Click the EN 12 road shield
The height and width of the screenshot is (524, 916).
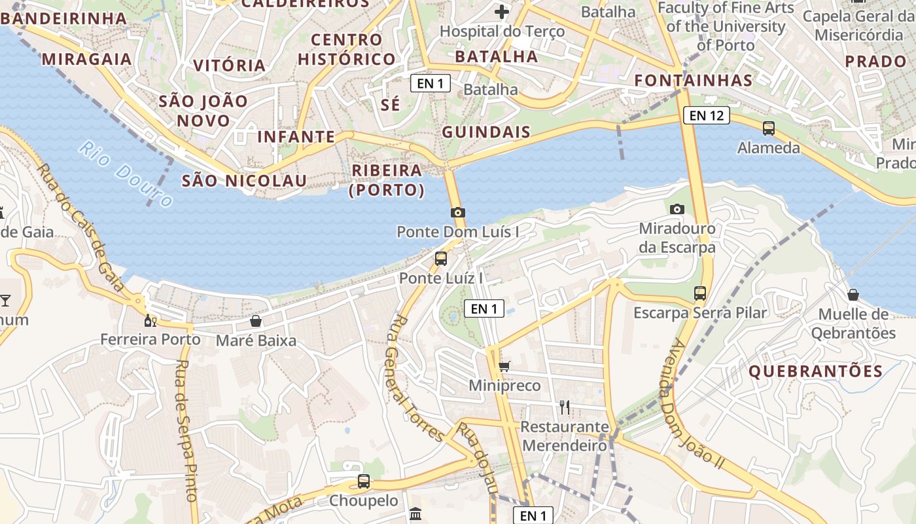[x=706, y=116]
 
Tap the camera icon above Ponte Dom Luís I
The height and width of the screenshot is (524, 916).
[x=458, y=212]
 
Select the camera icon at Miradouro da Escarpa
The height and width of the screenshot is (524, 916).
[x=677, y=209]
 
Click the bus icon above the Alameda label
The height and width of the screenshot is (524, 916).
[x=769, y=128]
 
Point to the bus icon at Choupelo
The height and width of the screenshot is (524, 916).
[x=363, y=481]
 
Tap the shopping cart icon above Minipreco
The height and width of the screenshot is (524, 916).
[x=504, y=366]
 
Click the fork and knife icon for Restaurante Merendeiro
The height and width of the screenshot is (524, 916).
[x=565, y=407]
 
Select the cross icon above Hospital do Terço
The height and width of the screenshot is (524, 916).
[x=502, y=12]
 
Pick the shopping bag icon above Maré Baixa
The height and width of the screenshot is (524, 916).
[x=256, y=321]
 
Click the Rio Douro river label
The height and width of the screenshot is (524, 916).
[x=125, y=174]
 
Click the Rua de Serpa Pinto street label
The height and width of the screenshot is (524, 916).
[x=186, y=430]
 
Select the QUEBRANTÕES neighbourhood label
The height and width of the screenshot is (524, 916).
[x=815, y=371]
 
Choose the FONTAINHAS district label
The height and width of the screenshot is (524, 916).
[x=694, y=81]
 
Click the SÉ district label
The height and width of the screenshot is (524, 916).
[x=390, y=104]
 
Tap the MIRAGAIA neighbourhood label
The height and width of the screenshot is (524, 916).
[x=87, y=59]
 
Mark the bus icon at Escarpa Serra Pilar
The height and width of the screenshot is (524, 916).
[x=700, y=293]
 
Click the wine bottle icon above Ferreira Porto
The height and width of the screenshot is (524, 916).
[x=150, y=320]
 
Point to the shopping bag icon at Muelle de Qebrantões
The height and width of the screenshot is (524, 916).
[x=853, y=295]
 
